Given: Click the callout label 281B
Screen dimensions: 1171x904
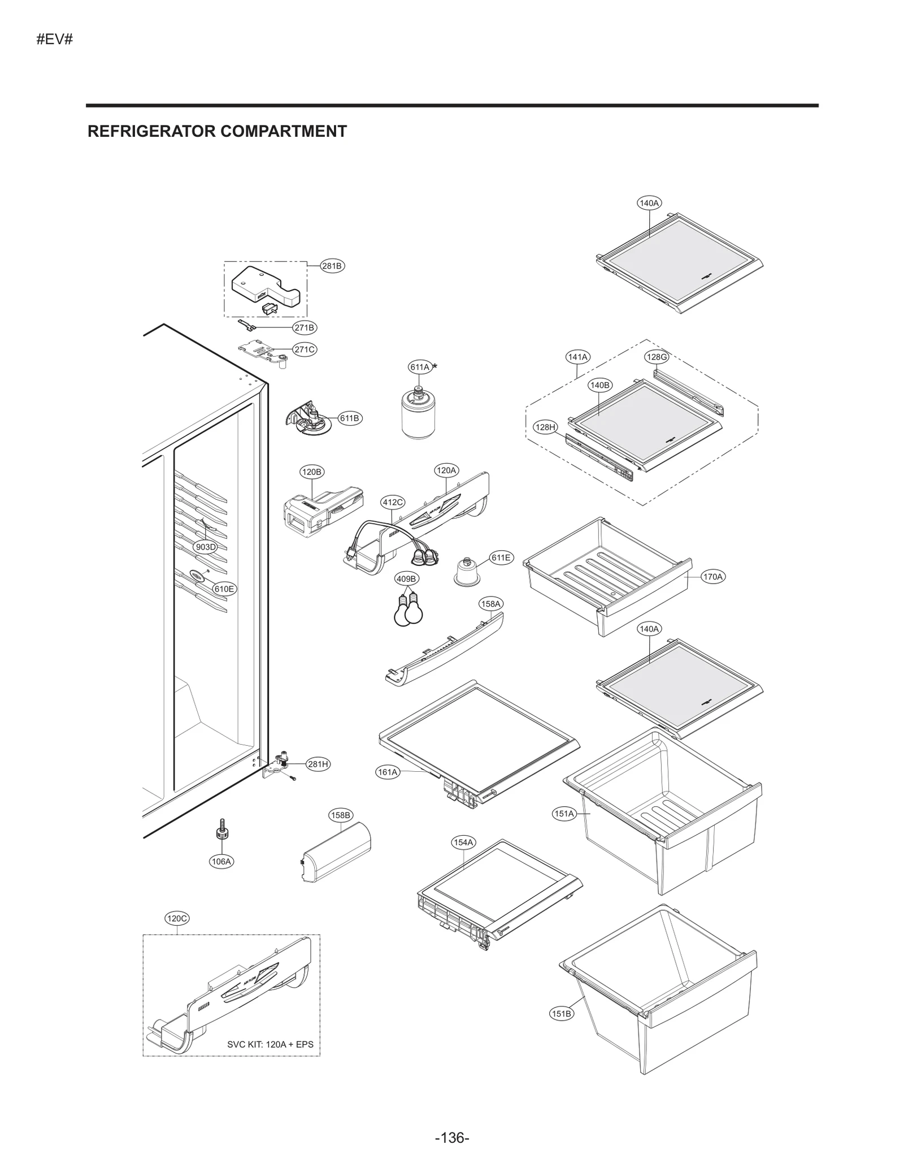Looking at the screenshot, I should pyautogui.click(x=332, y=266).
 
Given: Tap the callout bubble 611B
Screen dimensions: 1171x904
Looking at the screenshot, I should pyautogui.click(x=349, y=418).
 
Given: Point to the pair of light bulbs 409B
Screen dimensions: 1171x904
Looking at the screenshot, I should pyautogui.click(x=408, y=610).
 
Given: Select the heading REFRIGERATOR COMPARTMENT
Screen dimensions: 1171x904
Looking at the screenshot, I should pyautogui.click(x=217, y=131).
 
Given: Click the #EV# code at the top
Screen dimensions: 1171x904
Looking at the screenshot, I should pyautogui.click(x=54, y=40).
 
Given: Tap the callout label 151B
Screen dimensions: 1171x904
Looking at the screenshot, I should pyautogui.click(x=561, y=1014).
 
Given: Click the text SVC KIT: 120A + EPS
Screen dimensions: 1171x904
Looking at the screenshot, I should pyautogui.click(x=270, y=1044).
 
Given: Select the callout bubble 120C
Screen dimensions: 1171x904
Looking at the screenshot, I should pyautogui.click(x=177, y=918).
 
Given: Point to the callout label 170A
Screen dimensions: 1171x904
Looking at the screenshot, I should pyautogui.click(x=712, y=577).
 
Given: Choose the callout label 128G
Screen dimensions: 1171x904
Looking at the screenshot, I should pyautogui.click(x=657, y=357).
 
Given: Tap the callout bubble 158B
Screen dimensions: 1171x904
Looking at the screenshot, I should pyautogui.click(x=341, y=815).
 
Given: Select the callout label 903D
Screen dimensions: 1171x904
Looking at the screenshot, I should pyautogui.click(x=205, y=547).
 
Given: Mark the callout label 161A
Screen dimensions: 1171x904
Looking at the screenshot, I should pyautogui.click(x=388, y=772).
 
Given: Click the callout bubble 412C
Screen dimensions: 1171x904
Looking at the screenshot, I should pyautogui.click(x=393, y=502).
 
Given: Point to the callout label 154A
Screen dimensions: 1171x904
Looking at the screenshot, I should pyautogui.click(x=463, y=842).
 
